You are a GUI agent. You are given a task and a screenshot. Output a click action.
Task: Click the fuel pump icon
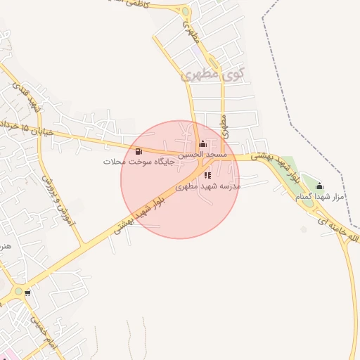139,151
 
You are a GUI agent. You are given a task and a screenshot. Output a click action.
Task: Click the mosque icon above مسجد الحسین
203,144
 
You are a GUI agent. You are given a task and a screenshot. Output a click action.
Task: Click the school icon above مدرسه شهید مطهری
207,175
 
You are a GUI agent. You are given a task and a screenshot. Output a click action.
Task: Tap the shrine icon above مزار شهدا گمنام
320,186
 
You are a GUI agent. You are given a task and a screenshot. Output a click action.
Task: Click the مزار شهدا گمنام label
320,197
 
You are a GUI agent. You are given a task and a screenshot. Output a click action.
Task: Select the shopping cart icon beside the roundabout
27,293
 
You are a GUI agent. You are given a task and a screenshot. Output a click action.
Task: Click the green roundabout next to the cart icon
18,291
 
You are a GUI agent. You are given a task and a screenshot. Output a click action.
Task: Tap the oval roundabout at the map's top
186,11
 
